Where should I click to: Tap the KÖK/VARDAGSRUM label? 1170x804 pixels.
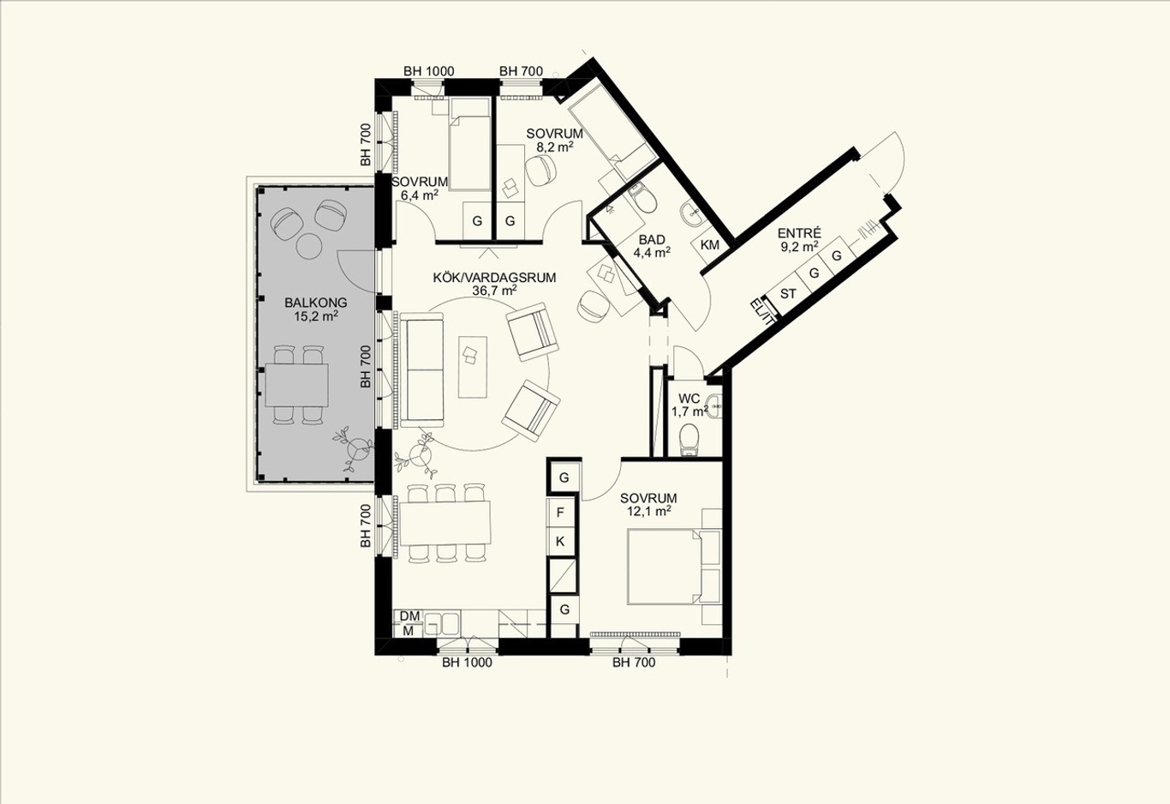pos(494,278)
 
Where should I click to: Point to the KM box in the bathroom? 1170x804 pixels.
pos(709,244)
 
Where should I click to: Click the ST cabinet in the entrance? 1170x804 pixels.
pos(788,294)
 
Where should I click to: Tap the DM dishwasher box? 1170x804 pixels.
pos(409,616)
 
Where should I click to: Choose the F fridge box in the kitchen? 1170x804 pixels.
pos(560,513)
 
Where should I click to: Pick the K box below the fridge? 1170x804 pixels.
pos(560,542)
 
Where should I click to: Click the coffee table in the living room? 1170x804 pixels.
pos(473,367)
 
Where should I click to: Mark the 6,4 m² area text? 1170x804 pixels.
pos(420,195)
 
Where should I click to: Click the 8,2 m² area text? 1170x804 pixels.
pos(555,147)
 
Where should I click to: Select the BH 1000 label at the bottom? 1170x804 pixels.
pos(467,663)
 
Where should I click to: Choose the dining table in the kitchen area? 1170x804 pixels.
pos(445,523)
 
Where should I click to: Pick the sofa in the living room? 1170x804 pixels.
pos(421,370)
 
